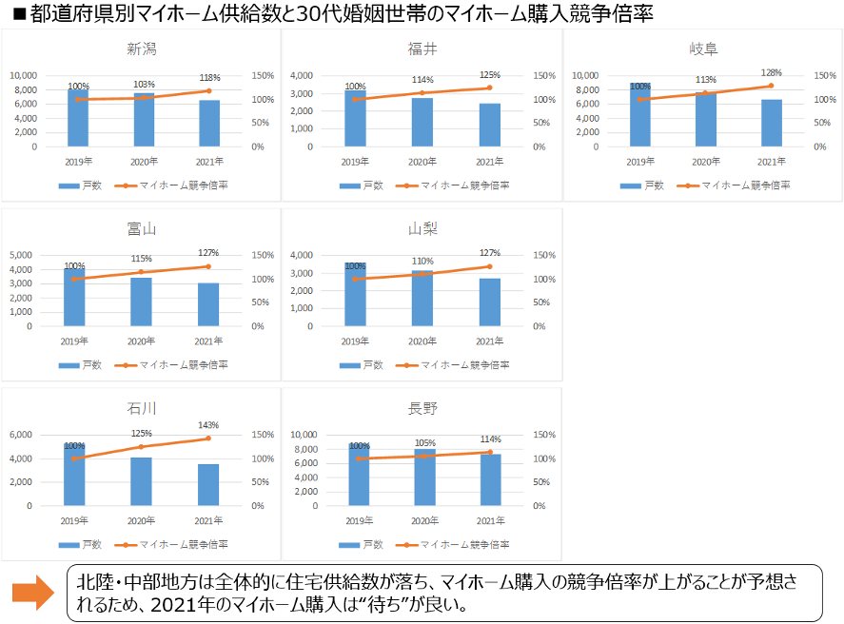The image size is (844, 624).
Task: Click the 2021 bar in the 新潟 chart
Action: tap(208, 124)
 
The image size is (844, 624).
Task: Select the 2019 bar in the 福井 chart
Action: tap(355, 119)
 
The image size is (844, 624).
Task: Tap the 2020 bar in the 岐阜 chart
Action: tap(705, 119)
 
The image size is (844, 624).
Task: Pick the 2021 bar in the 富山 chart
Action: tap(208, 304)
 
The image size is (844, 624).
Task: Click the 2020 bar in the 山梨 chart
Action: tap(422, 299)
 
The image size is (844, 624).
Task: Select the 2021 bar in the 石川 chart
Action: tap(208, 485)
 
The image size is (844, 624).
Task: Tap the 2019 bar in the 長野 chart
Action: tap(359, 475)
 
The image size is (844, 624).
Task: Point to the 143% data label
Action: tap(208, 425)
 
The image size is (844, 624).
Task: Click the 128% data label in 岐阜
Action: tap(771, 73)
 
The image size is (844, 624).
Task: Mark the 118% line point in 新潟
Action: tap(208, 91)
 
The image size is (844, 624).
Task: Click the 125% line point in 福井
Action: tap(489, 88)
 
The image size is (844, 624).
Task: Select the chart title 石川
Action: tap(142, 408)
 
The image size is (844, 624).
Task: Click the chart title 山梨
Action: tap(422, 228)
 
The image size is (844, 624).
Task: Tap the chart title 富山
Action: tap(142, 228)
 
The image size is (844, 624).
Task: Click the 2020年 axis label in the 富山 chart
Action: tap(142, 341)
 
